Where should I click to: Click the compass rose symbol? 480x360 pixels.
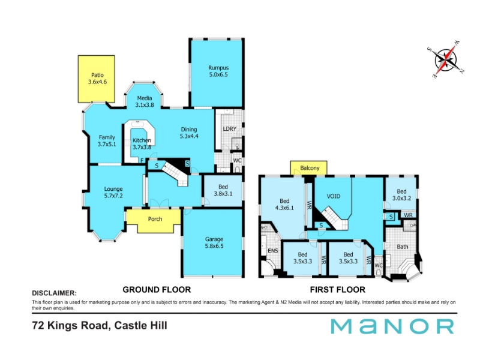(x=446, y=60)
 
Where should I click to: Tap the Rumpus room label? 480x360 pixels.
(x=218, y=68)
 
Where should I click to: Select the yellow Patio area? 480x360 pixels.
(x=97, y=79)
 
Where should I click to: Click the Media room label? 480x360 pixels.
(x=145, y=98)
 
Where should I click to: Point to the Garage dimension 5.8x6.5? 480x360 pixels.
(x=214, y=246)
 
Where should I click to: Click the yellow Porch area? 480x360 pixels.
(x=155, y=220)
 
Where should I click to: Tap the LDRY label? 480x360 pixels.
(x=230, y=129)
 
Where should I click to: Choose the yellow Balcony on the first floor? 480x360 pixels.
(x=308, y=168)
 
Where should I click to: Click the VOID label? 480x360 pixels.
(x=334, y=196)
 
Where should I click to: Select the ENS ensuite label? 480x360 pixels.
(x=273, y=251)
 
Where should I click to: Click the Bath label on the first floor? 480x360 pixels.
(x=402, y=247)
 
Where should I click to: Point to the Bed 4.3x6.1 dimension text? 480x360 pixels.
(x=284, y=208)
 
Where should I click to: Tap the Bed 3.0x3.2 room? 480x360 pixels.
(x=401, y=194)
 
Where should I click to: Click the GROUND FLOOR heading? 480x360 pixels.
(x=157, y=290)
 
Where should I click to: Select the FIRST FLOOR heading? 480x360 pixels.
(x=338, y=290)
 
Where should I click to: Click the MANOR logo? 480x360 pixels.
(x=392, y=326)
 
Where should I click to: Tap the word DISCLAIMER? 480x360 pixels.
(x=55, y=293)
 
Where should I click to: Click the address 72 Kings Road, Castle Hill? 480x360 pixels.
(x=100, y=325)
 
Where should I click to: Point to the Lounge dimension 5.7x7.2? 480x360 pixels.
(x=113, y=196)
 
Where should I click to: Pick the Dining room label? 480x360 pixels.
(x=189, y=130)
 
